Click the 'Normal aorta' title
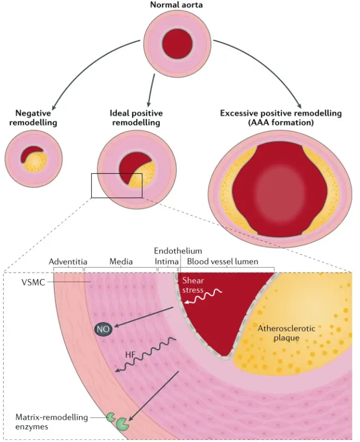(x=179, y=5)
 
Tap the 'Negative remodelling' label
(x=29, y=118)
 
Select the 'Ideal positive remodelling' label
(x=136, y=118)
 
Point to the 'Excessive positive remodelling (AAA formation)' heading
(x=280, y=118)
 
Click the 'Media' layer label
(x=121, y=262)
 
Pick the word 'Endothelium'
(x=178, y=251)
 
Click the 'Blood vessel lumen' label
(x=230, y=262)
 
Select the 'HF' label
(x=129, y=355)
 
